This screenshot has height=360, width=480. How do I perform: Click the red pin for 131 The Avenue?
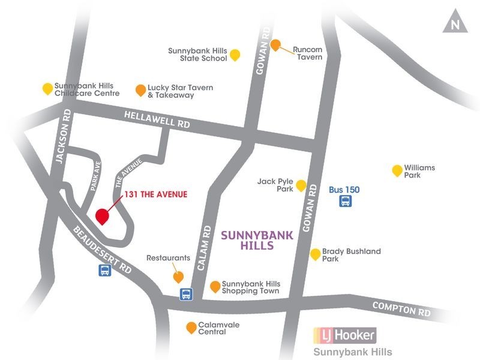point(102,216)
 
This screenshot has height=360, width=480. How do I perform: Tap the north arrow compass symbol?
point(455,23)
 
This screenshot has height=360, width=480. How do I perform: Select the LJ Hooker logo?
point(345,335)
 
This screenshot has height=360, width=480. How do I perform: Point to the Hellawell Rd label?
point(157,120)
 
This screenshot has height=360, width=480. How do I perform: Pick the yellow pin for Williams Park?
point(397,170)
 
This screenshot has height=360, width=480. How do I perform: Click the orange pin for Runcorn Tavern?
point(275,45)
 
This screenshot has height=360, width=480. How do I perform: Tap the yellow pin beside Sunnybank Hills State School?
point(235,55)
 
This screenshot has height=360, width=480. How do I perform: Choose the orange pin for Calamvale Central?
point(191,328)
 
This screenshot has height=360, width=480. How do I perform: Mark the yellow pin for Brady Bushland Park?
point(314,254)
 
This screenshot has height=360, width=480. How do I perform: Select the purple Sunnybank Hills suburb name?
point(257,241)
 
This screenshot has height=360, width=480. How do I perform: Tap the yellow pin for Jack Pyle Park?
point(301,185)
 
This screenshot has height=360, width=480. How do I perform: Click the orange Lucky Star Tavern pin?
point(140,90)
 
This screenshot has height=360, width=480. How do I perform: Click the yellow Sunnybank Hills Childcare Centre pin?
point(47,89)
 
